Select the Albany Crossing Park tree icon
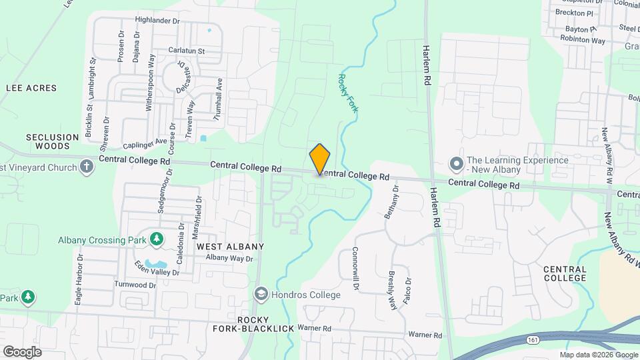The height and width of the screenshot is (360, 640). click(156, 238)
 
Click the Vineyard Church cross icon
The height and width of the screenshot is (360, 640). click(87, 167)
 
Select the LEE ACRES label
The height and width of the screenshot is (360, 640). click(31, 87)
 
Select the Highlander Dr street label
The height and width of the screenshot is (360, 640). click(157, 21)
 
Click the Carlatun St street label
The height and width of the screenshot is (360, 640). click(186, 51)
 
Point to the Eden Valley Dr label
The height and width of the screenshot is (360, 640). click(157, 268)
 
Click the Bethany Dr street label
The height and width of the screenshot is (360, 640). click(392, 202)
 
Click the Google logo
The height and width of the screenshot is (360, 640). click(22, 351)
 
